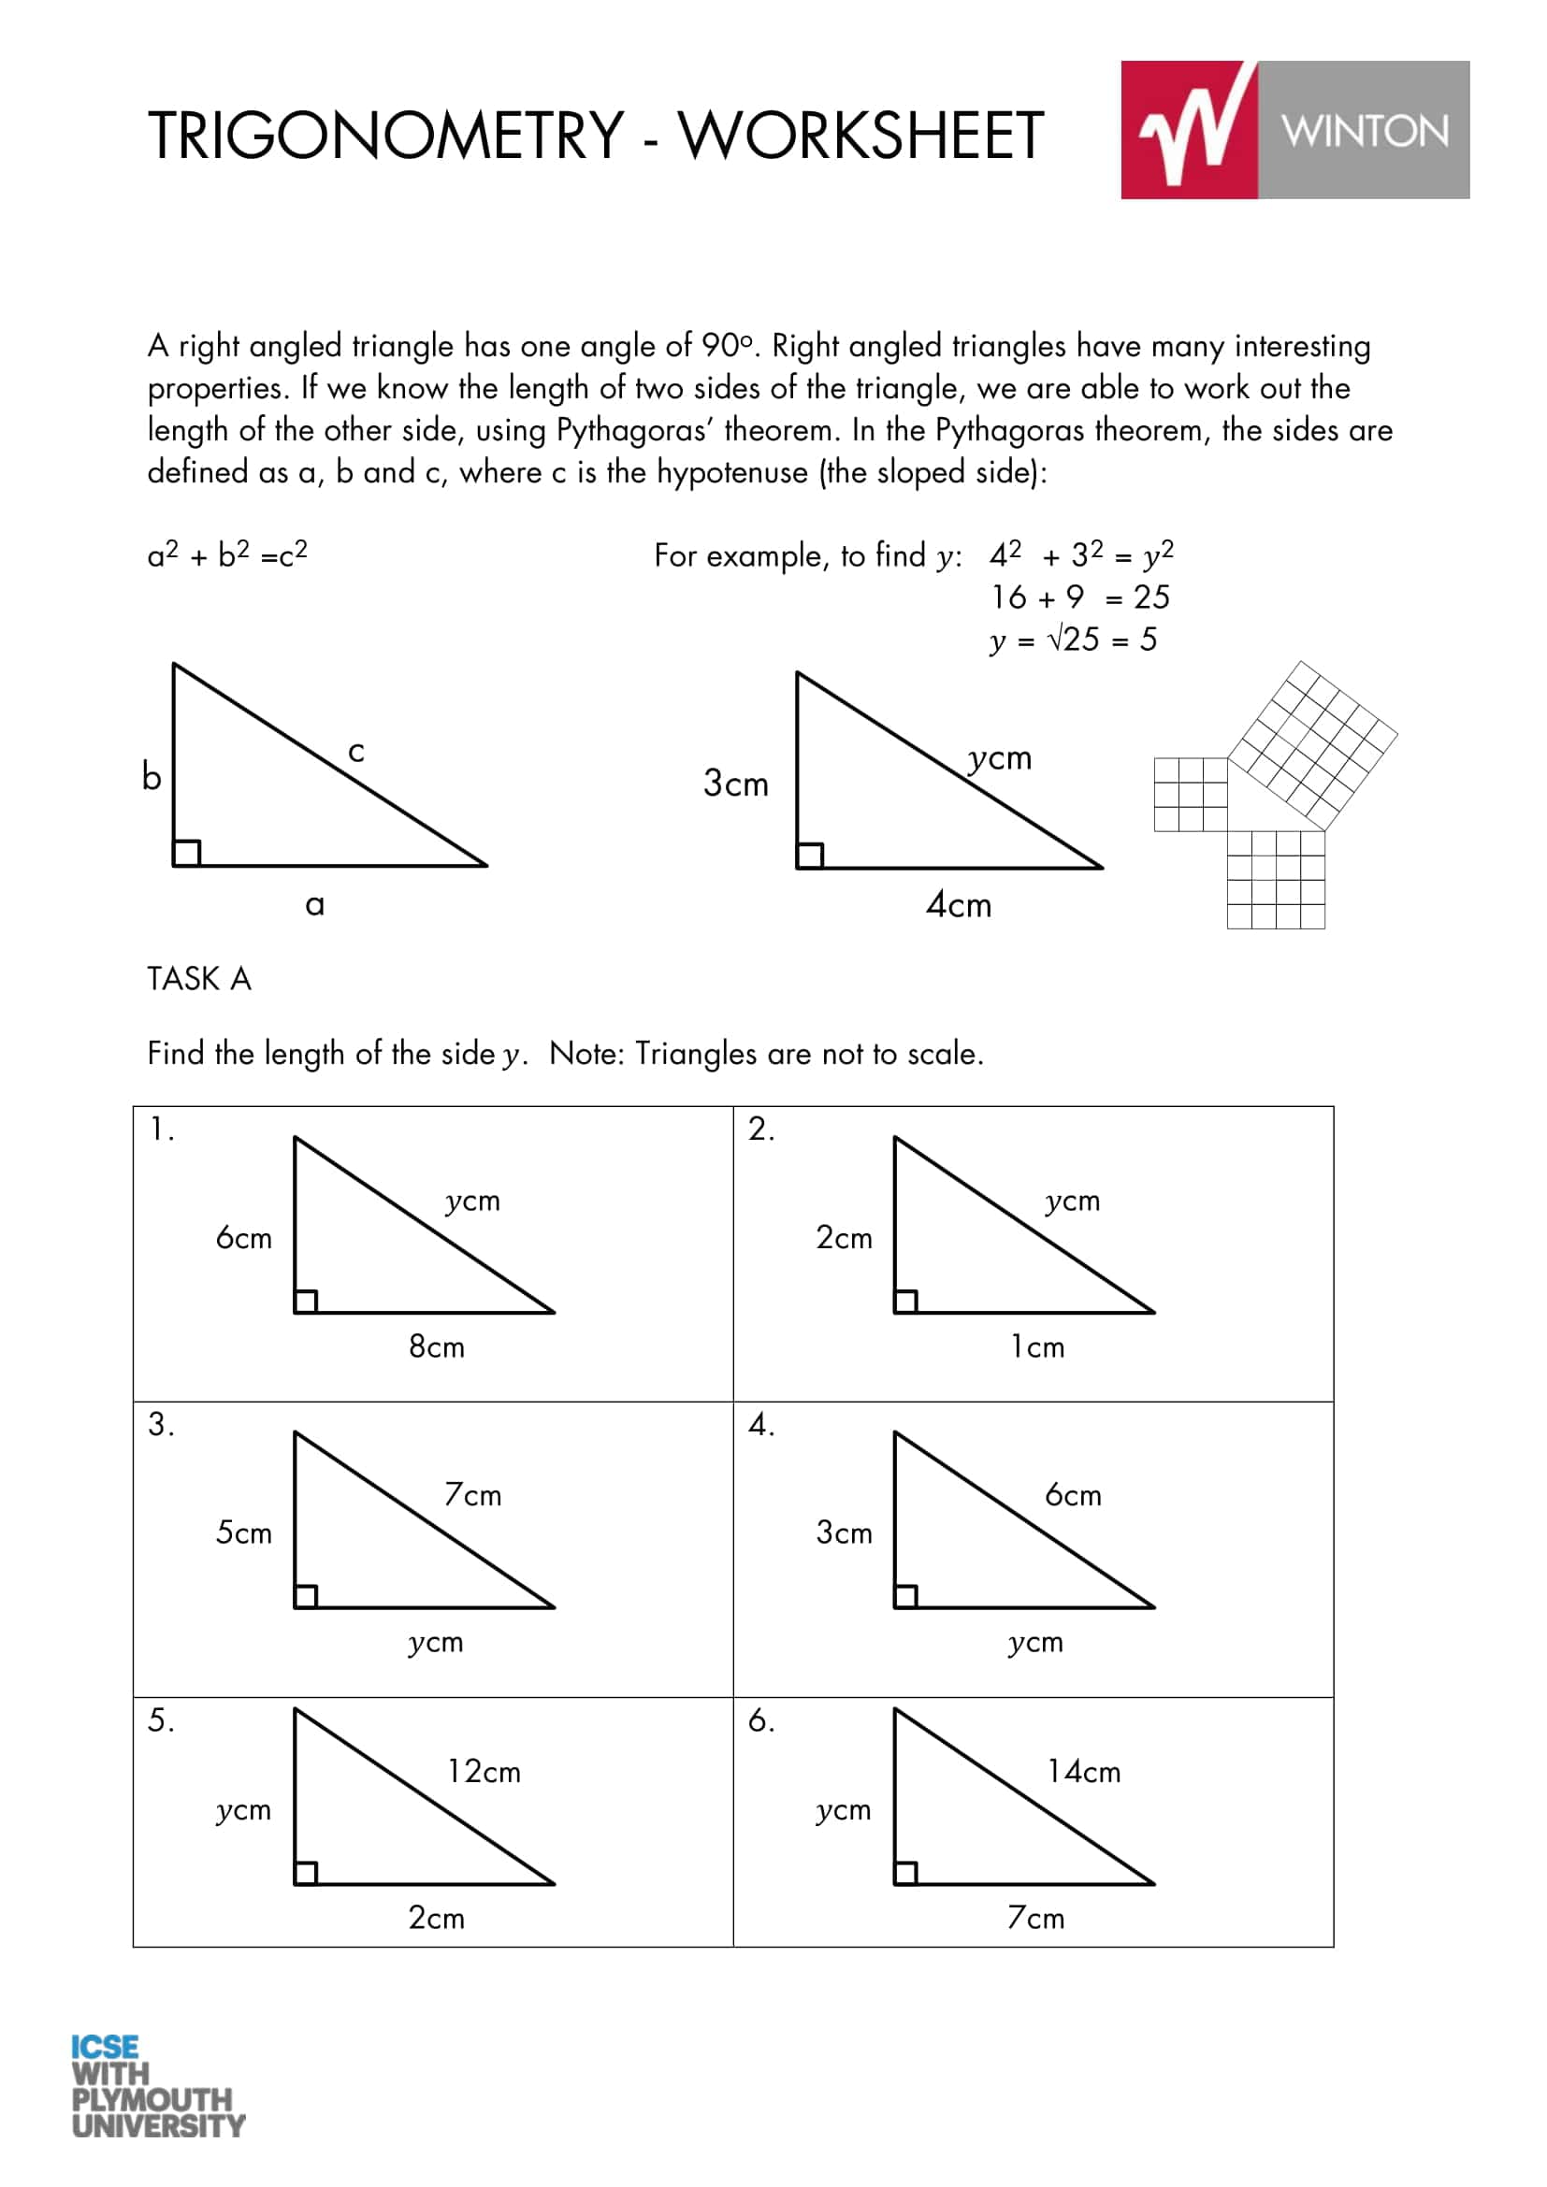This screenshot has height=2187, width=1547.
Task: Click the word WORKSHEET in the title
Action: pos(860,136)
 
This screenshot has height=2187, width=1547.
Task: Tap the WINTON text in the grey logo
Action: pos(1364,131)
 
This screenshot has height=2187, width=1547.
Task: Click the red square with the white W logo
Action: pos(1189,131)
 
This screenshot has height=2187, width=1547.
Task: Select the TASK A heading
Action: pos(199,979)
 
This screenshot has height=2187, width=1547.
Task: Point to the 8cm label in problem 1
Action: pos(436,1346)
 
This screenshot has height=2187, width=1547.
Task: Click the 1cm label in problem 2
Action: pos(1037,1346)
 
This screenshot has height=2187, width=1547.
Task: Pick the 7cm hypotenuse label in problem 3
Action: pos(472,1494)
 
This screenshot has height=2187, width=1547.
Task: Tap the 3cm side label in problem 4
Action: pos(844,1532)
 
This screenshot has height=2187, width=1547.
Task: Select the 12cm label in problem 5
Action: pos(484,1772)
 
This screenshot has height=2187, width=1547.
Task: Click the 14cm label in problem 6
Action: pos(1084,1772)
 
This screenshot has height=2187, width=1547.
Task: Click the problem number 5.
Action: pos(160,1720)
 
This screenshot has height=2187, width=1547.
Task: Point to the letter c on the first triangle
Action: pos(356,752)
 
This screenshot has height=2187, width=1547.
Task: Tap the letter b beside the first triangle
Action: pos(152,776)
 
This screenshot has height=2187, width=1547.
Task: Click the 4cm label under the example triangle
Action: pos(959,905)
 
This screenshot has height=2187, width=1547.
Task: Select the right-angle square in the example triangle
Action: pos(810,856)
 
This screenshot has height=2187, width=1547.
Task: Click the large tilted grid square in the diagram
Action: pos(1312,746)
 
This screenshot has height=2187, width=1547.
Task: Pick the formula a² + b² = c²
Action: pos(227,554)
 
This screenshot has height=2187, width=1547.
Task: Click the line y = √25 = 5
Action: pos(1074,640)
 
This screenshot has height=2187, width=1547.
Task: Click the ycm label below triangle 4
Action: pos(1035,1642)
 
